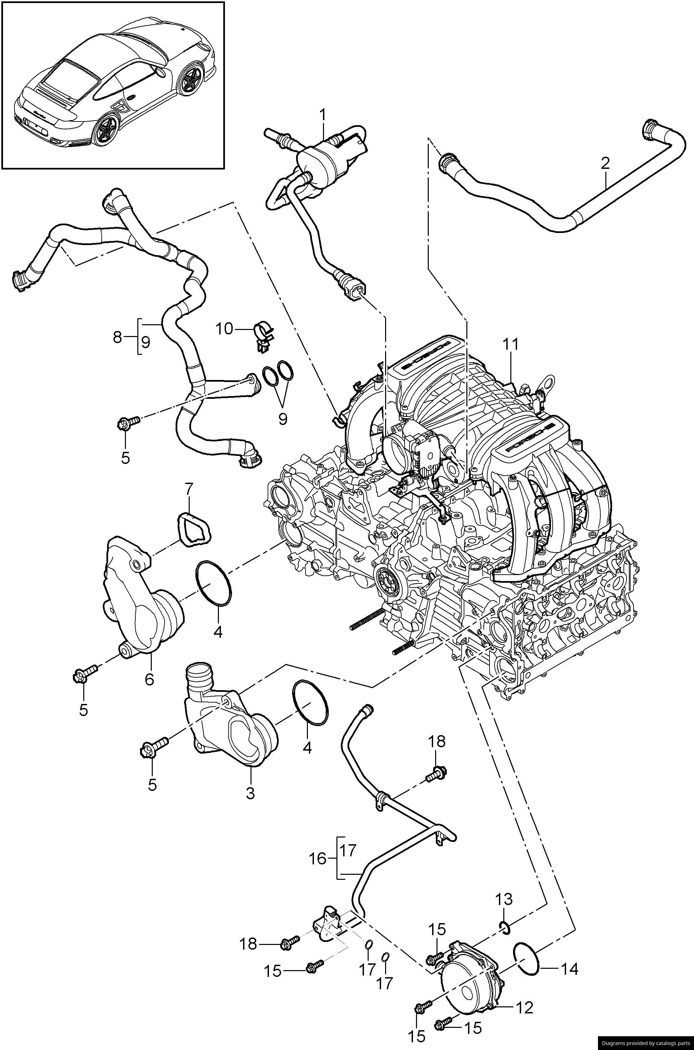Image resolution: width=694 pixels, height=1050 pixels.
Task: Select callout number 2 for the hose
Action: [605, 164]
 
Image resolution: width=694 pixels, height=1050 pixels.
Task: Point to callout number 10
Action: [224, 329]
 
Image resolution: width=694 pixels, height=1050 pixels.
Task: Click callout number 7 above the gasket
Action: [189, 489]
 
